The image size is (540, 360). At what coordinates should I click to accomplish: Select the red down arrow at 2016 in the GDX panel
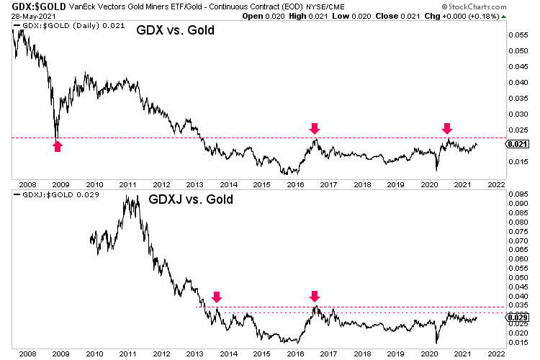pos(314,128)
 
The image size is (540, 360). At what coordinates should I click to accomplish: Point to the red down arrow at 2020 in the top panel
pos(447,128)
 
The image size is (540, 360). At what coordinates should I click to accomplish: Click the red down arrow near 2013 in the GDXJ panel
pos(217,296)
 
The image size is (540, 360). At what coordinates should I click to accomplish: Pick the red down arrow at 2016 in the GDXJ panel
pos(314,296)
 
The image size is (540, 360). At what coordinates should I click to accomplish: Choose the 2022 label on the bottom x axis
pos(496,354)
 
